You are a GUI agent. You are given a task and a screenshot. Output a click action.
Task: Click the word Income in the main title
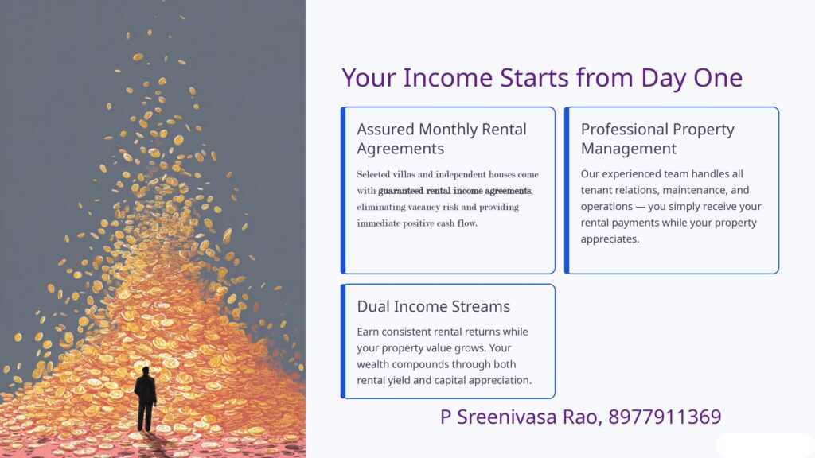(448, 78)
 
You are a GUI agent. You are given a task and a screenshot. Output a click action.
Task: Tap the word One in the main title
(718, 78)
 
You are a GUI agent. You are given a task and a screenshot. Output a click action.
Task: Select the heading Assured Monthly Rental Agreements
(442, 138)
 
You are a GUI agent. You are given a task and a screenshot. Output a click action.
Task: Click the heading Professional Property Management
(657, 138)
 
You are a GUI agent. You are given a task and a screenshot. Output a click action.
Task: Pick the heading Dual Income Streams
(434, 306)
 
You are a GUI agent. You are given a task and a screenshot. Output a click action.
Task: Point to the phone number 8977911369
(665, 417)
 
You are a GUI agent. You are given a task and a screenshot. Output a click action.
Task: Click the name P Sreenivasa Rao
(521, 417)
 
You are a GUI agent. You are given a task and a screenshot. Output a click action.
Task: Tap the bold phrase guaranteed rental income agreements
(454, 191)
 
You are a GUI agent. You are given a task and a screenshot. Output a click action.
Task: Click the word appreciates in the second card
(610, 239)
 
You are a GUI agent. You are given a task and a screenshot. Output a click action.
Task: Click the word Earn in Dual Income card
(368, 332)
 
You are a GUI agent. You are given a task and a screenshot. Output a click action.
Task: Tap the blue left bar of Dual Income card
(343, 341)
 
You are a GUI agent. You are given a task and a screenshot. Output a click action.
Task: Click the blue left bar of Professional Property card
(567, 190)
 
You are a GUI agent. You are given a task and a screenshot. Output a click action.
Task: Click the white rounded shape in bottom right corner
(765, 445)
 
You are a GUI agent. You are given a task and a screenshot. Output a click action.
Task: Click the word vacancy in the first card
(423, 208)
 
